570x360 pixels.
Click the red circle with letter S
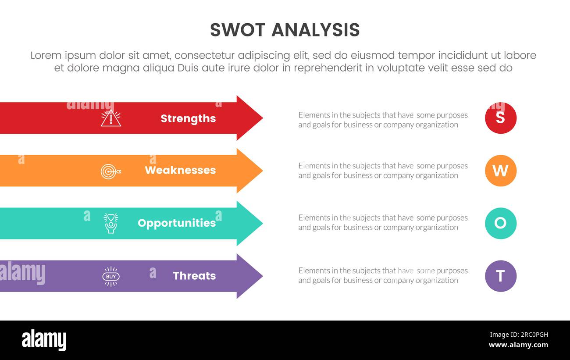point(500,118)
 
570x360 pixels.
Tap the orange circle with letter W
point(500,171)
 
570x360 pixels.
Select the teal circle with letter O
point(500,223)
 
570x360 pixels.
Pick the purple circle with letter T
point(500,276)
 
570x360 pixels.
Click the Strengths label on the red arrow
point(188,118)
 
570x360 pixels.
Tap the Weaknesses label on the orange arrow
point(180,170)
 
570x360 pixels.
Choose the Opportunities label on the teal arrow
point(177,223)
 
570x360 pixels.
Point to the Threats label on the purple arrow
point(194,276)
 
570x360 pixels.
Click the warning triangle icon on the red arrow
point(110,118)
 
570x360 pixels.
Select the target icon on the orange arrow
point(110,171)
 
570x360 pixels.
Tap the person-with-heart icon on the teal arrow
point(110,223)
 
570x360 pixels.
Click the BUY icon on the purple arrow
point(111,276)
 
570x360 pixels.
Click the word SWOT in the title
point(237,30)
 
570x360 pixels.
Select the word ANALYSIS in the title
point(316,30)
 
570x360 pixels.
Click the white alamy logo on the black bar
point(44,340)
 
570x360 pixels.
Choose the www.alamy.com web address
point(518,345)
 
